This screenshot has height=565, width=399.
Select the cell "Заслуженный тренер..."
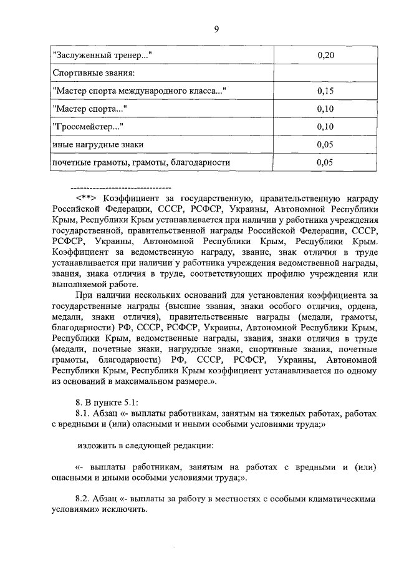click(x=103, y=56)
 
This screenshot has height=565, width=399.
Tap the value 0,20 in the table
click(x=326, y=56)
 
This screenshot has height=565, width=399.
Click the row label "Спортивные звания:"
click(x=90, y=74)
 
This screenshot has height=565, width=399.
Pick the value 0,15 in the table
click(x=326, y=91)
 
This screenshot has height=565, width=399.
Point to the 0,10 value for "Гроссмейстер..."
click(x=326, y=127)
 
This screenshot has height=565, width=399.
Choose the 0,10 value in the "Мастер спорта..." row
click(x=326, y=109)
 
